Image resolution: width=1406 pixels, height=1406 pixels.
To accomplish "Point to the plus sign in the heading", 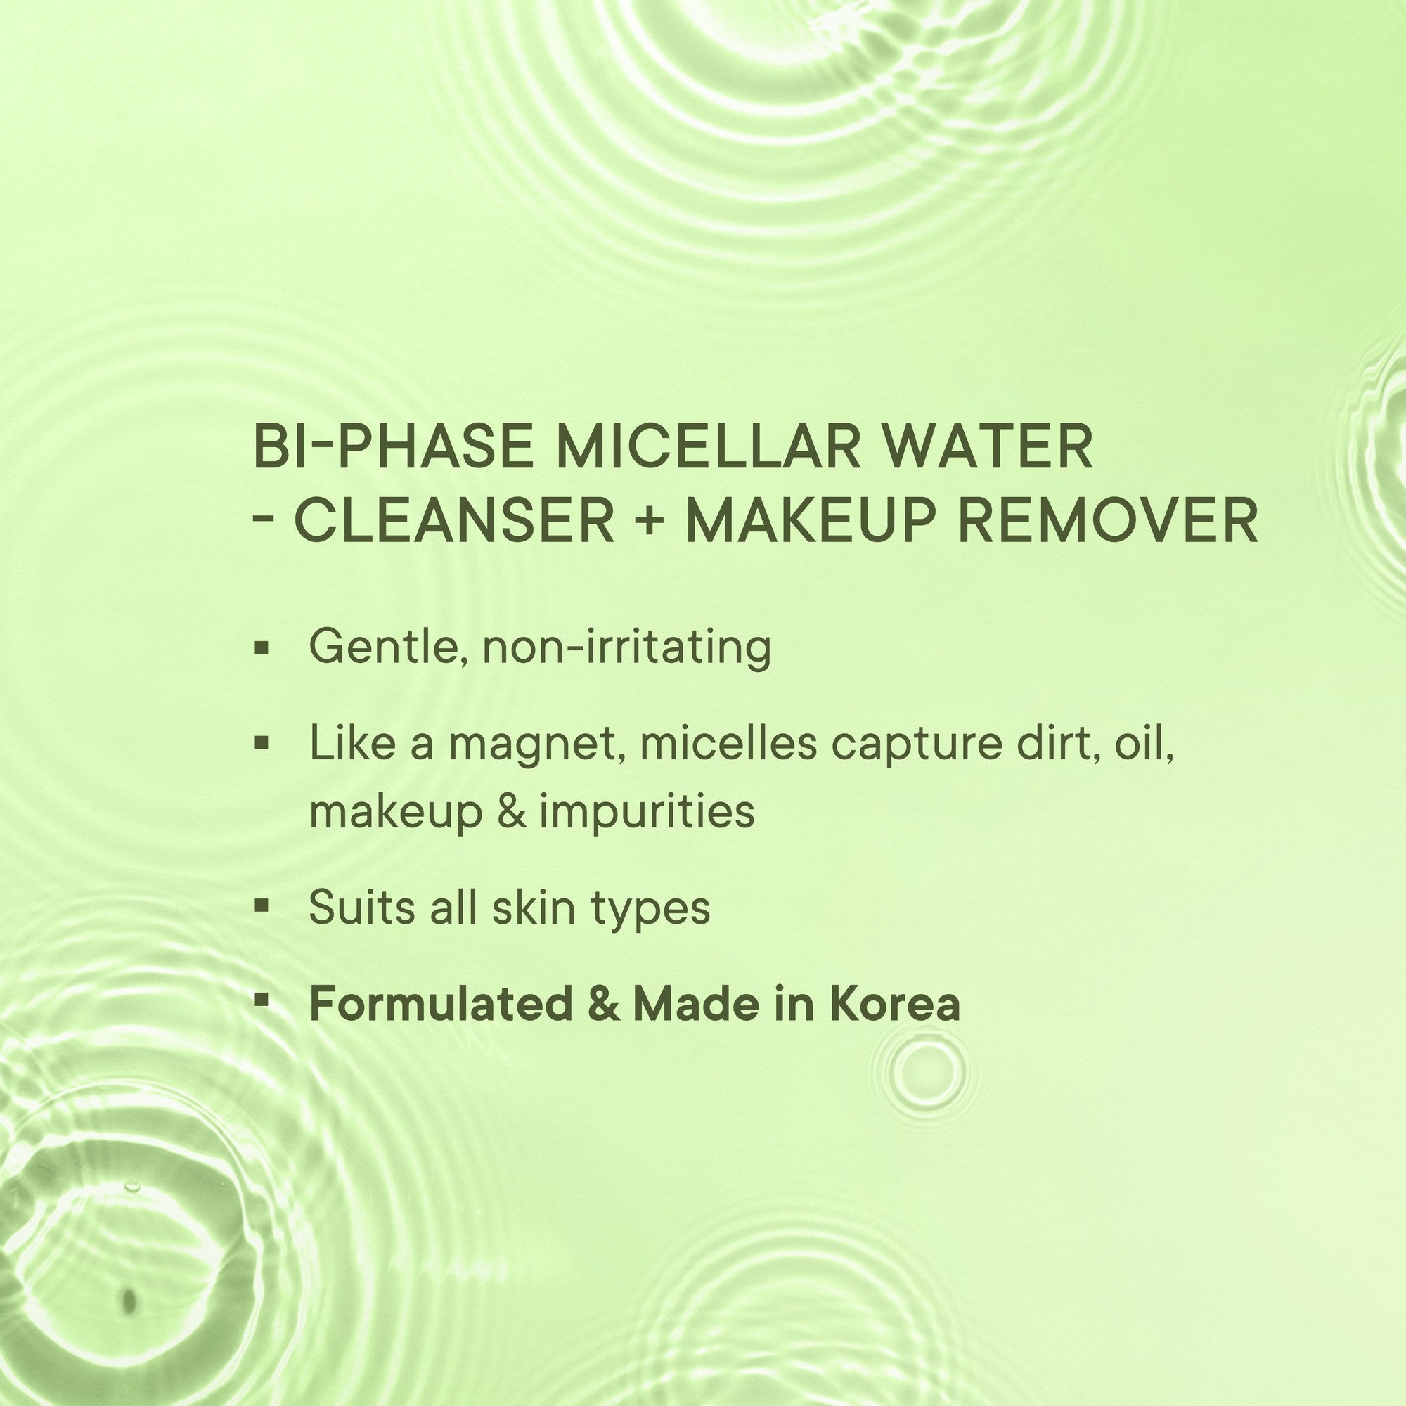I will point(648,522).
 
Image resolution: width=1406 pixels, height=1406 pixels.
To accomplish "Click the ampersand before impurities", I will point(512,811).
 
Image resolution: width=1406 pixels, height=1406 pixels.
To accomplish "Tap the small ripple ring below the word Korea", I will point(918,1069).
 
